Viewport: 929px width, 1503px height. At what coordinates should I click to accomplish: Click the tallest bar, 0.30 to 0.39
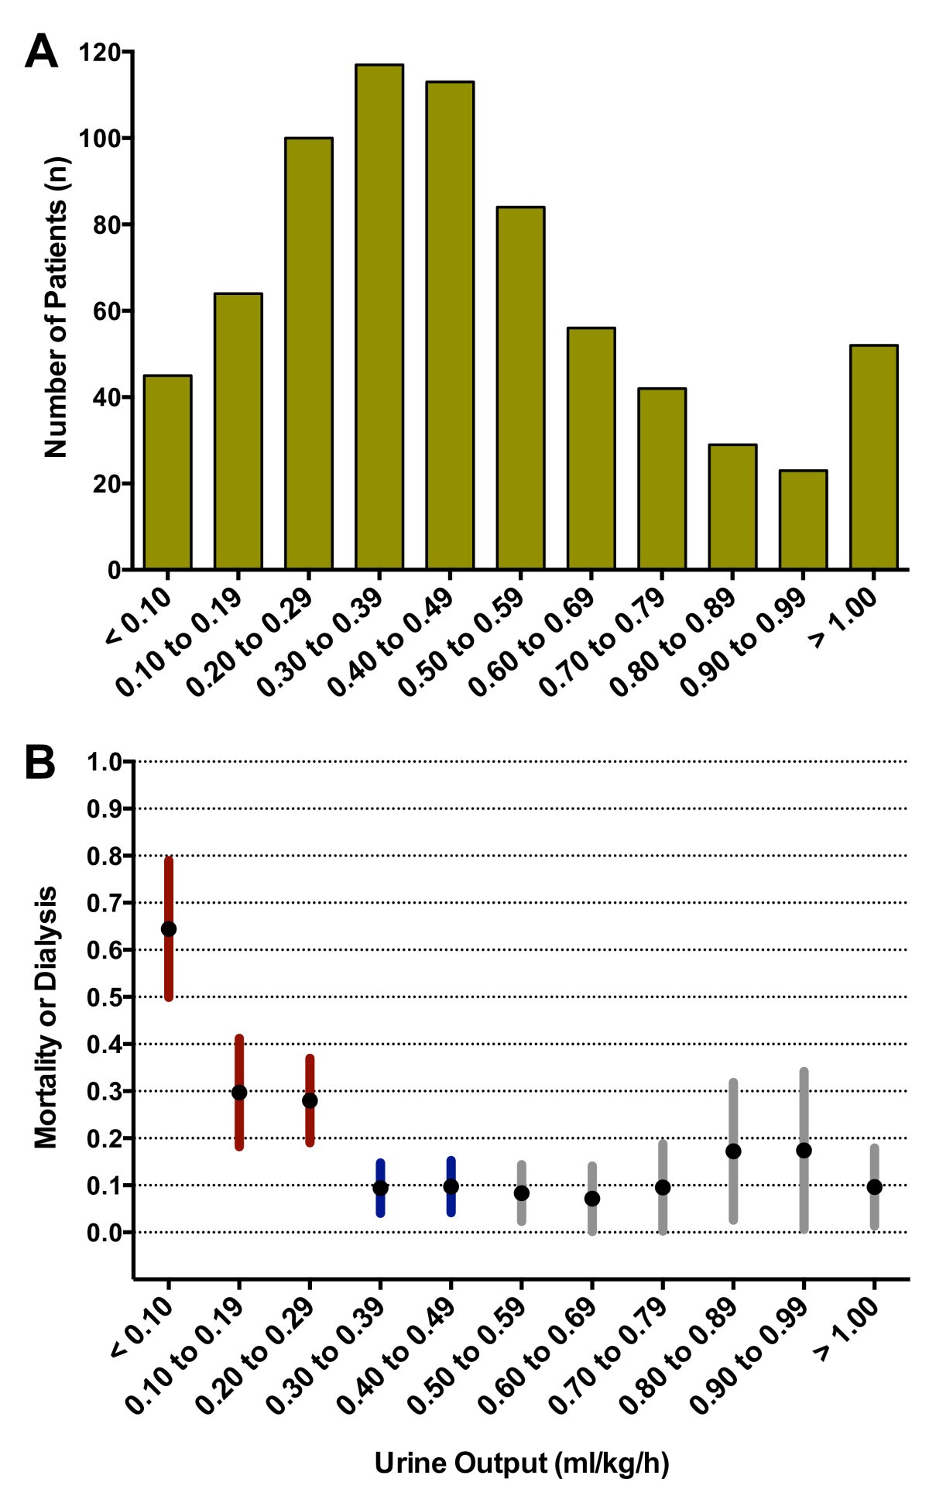pyautogui.click(x=379, y=317)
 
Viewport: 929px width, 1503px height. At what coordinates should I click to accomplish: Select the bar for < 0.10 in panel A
pyautogui.click(x=168, y=472)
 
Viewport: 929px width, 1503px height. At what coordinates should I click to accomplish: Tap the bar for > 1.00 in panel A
pyautogui.click(x=873, y=457)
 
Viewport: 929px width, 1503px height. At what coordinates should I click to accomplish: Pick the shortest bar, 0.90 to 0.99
pyautogui.click(x=803, y=520)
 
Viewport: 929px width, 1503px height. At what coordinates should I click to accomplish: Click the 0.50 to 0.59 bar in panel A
pyautogui.click(x=520, y=387)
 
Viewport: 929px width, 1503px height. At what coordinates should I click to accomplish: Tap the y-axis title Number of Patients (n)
pyautogui.click(x=56, y=308)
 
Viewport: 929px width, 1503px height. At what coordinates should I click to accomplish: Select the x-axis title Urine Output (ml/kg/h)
pyautogui.click(x=521, y=1464)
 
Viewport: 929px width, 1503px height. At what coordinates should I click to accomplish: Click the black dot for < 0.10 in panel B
pyautogui.click(x=168, y=928)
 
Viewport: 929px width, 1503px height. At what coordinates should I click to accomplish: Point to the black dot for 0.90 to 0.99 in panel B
pyautogui.click(x=804, y=1150)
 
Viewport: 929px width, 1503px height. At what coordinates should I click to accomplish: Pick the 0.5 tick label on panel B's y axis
pyautogui.click(x=105, y=997)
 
